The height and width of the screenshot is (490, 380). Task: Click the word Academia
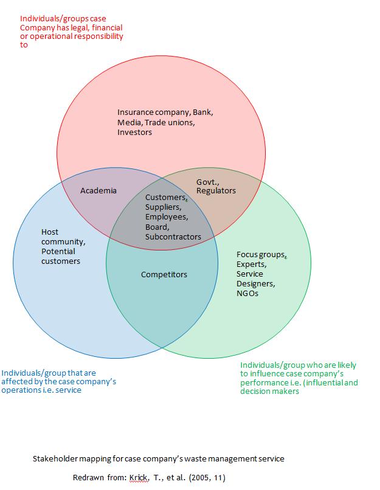(x=98, y=190)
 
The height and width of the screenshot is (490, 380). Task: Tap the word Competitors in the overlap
(x=164, y=274)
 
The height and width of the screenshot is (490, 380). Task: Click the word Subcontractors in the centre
(x=173, y=236)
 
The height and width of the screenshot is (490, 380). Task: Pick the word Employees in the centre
(x=166, y=217)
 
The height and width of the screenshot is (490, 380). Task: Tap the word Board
(x=156, y=227)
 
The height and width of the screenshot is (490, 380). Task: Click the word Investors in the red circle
(x=134, y=132)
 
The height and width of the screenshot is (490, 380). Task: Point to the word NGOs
(x=247, y=294)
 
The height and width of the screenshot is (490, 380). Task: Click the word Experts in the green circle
(x=251, y=264)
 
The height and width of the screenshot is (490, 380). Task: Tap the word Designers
(x=255, y=284)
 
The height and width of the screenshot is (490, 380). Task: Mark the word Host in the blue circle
(x=50, y=232)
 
